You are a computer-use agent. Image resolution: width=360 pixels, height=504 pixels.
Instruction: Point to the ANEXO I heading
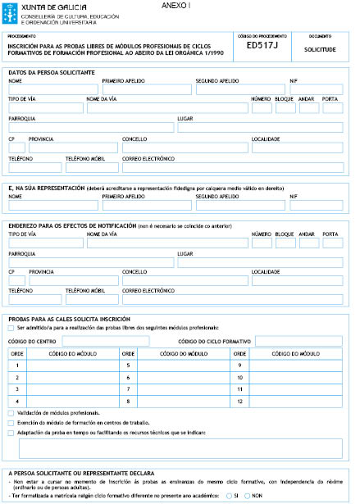click(x=175, y=6)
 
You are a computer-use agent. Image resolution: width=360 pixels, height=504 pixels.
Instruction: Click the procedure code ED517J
click(x=262, y=48)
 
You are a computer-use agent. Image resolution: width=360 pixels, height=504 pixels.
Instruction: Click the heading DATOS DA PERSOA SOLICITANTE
click(x=51, y=73)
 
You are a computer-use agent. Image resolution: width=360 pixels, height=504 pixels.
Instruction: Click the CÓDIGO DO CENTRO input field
click(x=93, y=340)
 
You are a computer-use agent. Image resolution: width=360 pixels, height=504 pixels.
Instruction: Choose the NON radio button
click(x=247, y=496)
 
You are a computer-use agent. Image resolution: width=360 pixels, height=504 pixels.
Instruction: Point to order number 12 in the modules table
click(x=239, y=401)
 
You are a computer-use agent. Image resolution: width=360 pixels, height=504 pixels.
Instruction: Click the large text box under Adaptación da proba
click(x=180, y=448)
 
